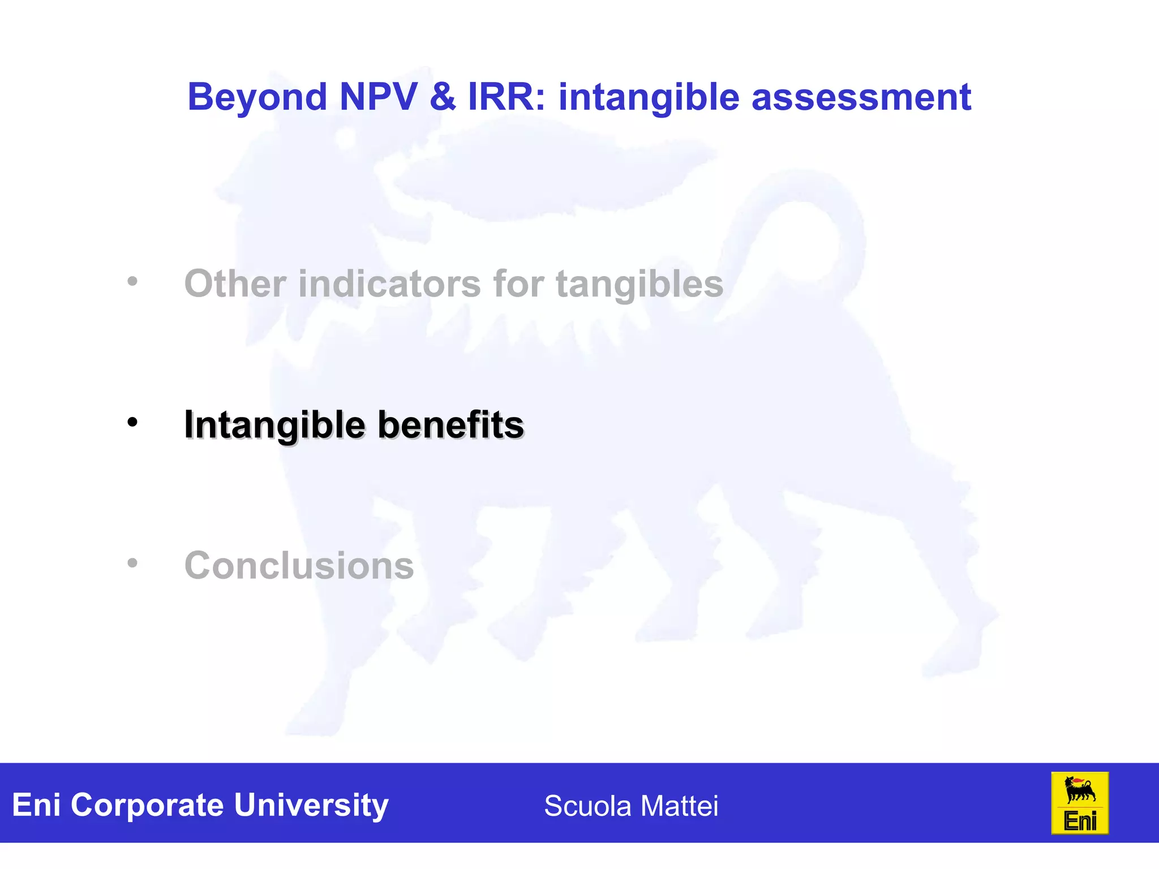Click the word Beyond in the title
pyautogui.click(x=257, y=97)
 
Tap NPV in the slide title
pyautogui.click(x=378, y=97)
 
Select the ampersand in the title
pyautogui.click(x=443, y=97)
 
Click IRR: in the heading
pyautogui.click(x=507, y=97)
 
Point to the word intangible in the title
pyautogui.click(x=649, y=97)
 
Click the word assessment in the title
pyautogui.click(x=861, y=97)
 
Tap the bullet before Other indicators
pyautogui.click(x=132, y=281)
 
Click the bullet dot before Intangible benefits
pyautogui.click(x=132, y=422)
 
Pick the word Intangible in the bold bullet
pyautogui.click(x=274, y=425)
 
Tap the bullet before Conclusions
pyautogui.click(x=132, y=563)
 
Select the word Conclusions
pyautogui.click(x=299, y=565)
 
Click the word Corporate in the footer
pyautogui.click(x=147, y=805)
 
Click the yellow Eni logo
pyautogui.click(x=1079, y=803)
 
